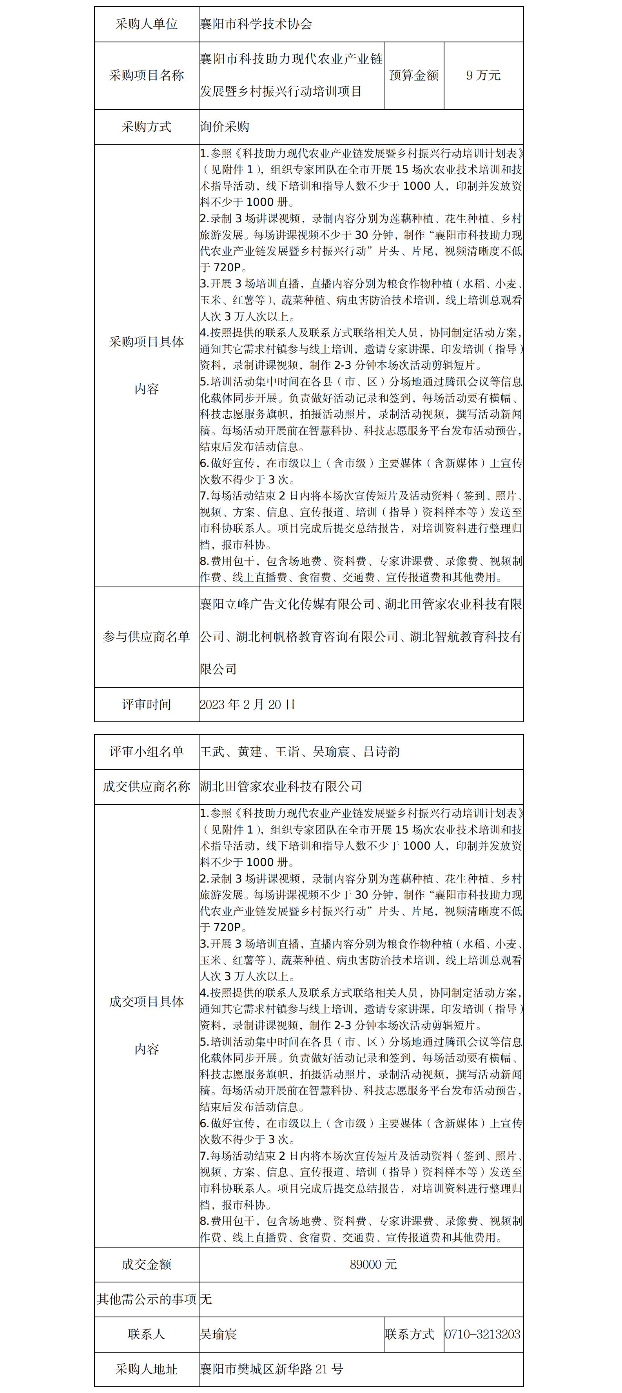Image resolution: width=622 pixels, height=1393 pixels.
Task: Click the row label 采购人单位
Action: pyautogui.click(x=147, y=24)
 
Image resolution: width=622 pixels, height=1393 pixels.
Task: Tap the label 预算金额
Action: pyautogui.click(x=414, y=76)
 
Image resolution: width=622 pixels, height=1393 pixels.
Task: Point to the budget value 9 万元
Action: pyautogui.click(x=483, y=76)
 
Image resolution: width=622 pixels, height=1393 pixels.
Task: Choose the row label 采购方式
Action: pyautogui.click(x=147, y=127)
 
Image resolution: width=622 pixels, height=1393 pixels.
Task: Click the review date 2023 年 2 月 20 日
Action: pyautogui.click(x=247, y=705)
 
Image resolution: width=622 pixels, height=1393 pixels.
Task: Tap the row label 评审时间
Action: pyautogui.click(x=147, y=705)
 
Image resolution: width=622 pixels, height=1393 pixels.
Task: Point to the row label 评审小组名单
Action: pyautogui.click(x=147, y=752)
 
